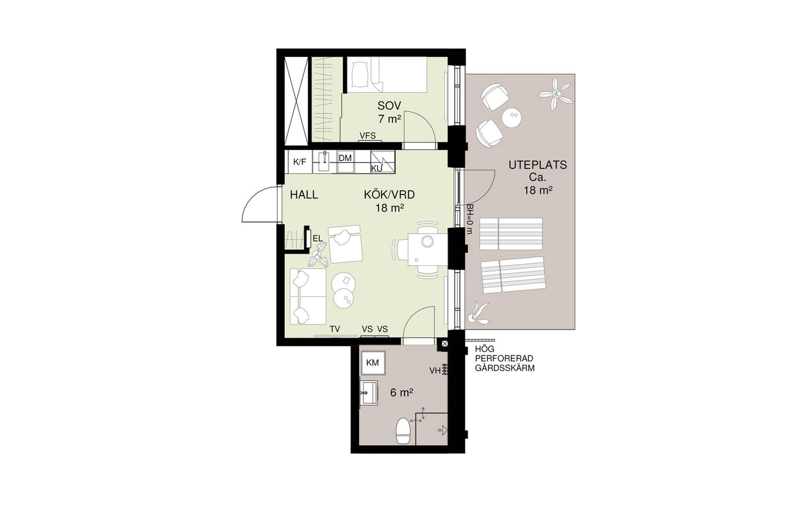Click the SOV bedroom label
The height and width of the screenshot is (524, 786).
pyautogui.click(x=389, y=105)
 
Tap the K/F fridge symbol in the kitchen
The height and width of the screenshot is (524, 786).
pyautogui.click(x=299, y=162)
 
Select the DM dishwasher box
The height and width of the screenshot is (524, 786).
pyautogui.click(x=345, y=162)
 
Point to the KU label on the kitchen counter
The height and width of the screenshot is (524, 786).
pyautogui.click(x=376, y=169)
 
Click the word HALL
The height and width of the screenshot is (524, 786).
pyautogui.click(x=304, y=194)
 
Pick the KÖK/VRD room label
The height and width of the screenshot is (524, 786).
pyautogui.click(x=389, y=194)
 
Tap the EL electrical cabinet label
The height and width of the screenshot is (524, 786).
pyautogui.click(x=318, y=239)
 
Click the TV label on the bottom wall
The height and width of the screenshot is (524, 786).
pyautogui.click(x=335, y=329)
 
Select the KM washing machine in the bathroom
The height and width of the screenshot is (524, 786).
pyautogui.click(x=373, y=363)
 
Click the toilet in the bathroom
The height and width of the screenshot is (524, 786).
pyautogui.click(x=403, y=432)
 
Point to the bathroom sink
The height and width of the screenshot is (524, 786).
pyautogui.click(x=369, y=393)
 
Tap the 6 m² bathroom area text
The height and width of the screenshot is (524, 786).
pyautogui.click(x=402, y=392)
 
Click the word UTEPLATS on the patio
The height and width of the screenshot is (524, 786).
pyautogui.click(x=537, y=165)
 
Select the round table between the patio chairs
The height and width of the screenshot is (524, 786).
pyautogui.click(x=512, y=117)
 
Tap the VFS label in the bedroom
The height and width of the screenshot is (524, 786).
pyautogui.click(x=367, y=136)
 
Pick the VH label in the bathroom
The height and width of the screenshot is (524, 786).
pyautogui.click(x=435, y=370)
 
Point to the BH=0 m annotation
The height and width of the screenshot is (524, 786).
pyautogui.click(x=469, y=220)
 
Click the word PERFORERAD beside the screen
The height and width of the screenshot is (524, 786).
pyautogui.click(x=504, y=358)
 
